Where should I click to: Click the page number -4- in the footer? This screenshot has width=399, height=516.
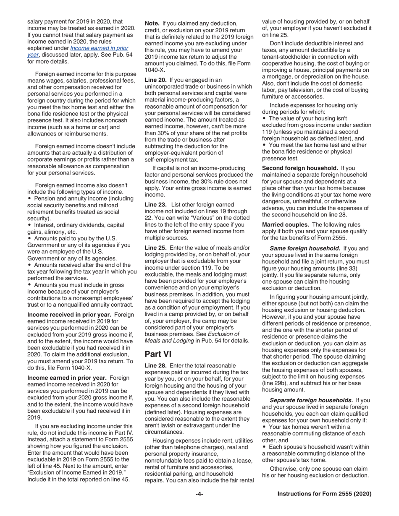click(199, 494)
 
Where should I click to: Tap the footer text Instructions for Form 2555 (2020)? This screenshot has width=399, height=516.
click(324, 494)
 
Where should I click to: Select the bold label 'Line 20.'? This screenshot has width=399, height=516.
click(156, 80)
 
